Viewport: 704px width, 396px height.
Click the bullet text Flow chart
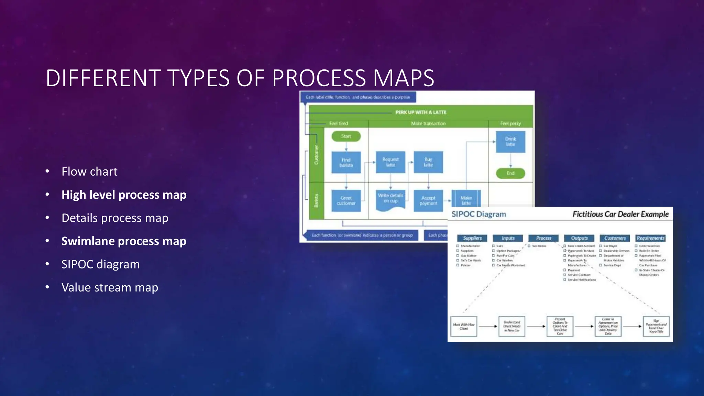coord(89,172)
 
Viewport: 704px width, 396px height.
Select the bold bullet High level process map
coord(124,195)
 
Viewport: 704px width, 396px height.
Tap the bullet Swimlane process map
coord(124,241)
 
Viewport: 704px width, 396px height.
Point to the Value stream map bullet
coord(110,287)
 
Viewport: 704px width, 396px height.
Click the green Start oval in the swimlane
coord(346,136)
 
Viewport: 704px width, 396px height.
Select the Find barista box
coord(346,162)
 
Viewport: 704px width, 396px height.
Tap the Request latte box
coord(390,162)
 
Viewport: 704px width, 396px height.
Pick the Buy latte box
coord(428,162)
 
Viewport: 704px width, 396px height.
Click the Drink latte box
coord(510,142)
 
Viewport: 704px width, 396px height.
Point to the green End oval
coord(510,173)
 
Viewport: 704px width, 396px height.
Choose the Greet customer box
coord(346,200)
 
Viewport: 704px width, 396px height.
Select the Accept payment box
coord(428,200)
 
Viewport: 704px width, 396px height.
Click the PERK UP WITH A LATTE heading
coord(421,112)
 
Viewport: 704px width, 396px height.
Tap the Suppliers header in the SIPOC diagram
coord(472,238)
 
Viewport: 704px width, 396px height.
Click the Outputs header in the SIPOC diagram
coord(580,238)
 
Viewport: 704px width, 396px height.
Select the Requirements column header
coord(650,238)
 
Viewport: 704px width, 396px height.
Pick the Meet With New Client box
coord(464,326)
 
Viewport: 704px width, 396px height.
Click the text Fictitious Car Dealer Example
coord(620,214)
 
